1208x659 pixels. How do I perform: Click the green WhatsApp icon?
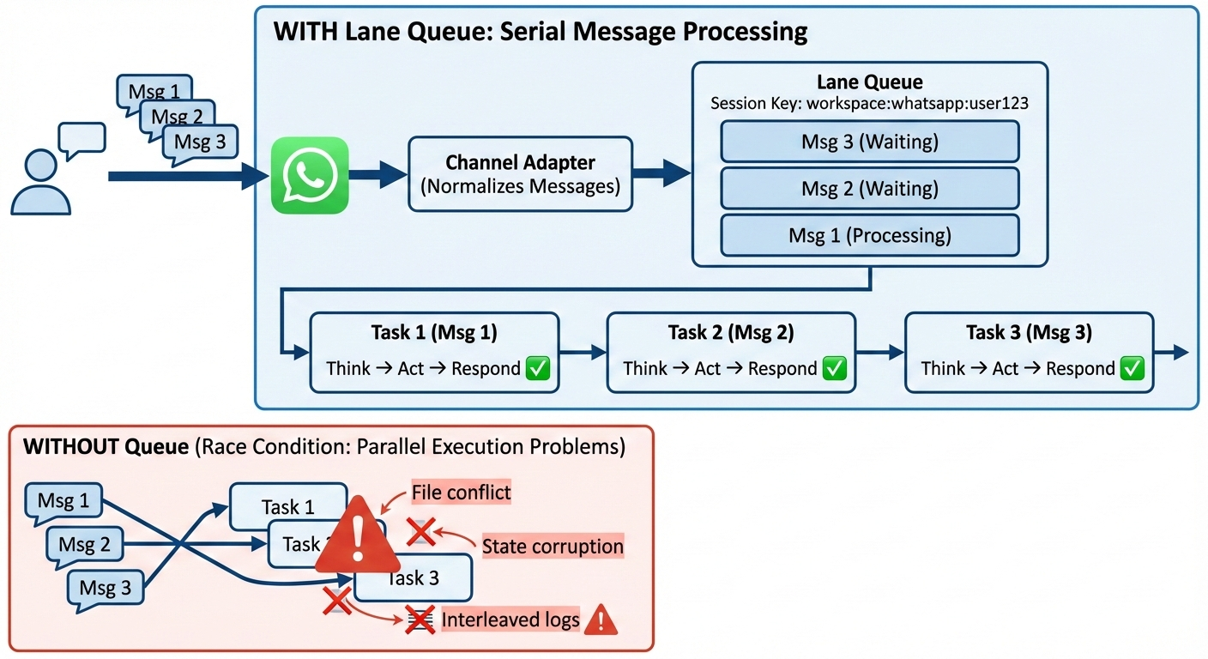(x=310, y=175)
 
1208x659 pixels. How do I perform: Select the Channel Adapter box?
(x=520, y=174)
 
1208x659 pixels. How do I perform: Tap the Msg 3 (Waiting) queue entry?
(x=869, y=142)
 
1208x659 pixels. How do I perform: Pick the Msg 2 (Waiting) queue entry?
(x=869, y=188)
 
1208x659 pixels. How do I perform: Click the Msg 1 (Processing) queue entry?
(x=869, y=234)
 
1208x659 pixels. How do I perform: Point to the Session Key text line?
(x=869, y=103)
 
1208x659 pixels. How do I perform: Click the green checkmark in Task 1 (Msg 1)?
(x=537, y=368)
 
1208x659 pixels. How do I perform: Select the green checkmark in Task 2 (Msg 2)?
(x=834, y=368)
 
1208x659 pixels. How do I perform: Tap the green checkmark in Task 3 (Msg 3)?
(x=1132, y=368)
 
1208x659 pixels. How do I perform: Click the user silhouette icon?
(x=40, y=182)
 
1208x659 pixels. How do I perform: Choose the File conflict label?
(x=461, y=493)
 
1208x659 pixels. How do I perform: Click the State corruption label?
(x=553, y=547)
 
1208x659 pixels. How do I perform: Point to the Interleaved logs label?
(x=510, y=620)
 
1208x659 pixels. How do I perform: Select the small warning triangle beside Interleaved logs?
(x=601, y=619)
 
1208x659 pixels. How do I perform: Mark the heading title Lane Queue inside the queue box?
(x=869, y=82)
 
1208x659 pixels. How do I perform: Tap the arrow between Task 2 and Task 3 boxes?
(x=880, y=352)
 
